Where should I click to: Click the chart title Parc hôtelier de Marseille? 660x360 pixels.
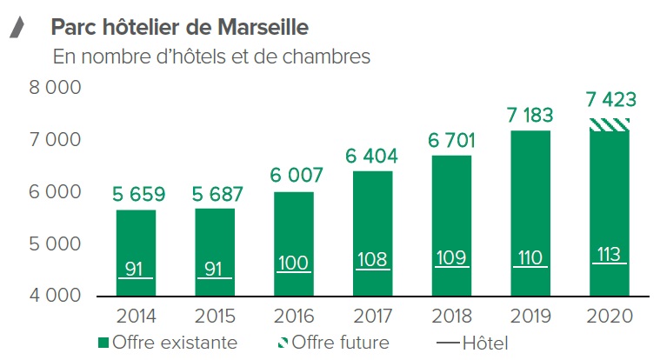[180, 27]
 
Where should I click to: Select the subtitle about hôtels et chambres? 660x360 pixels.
[211, 57]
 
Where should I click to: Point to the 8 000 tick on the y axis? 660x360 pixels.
[55, 88]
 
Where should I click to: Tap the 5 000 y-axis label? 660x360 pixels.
[55, 243]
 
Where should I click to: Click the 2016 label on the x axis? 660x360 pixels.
[294, 317]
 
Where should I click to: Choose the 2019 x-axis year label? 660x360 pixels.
[530, 317]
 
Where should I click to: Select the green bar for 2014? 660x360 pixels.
[136, 253]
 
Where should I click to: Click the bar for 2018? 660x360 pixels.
[451, 226]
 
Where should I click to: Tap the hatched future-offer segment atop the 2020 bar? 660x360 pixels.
[610, 125]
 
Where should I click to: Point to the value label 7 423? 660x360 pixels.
[610, 100]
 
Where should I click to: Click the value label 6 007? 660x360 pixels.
[297, 175]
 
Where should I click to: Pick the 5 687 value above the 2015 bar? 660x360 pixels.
[217, 195]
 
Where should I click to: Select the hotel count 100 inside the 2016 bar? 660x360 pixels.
[293, 263]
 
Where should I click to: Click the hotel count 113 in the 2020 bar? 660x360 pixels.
[609, 254]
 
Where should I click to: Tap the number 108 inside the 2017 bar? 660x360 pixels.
[372, 260]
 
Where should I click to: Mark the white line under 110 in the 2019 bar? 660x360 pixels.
[530, 267]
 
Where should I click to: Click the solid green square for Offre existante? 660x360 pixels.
[103, 343]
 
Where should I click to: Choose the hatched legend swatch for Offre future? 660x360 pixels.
[283, 343]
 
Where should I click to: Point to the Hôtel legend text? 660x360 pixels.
[485, 343]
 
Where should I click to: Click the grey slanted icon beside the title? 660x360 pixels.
[17, 27]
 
